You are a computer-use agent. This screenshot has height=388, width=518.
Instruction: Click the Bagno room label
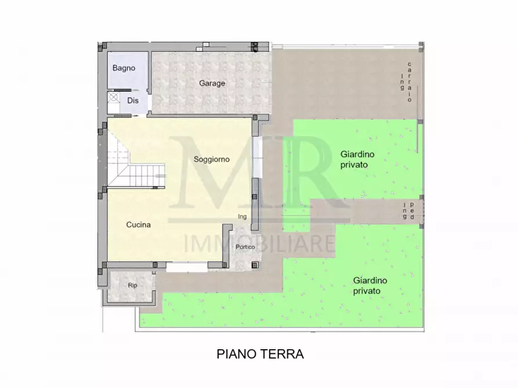[x=124, y=68]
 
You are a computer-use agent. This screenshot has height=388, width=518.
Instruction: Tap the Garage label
[x=212, y=83]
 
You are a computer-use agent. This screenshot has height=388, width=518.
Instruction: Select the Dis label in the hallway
[x=133, y=100]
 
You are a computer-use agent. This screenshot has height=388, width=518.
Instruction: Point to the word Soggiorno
[x=212, y=159]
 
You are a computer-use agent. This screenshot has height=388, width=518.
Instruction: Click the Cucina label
[x=138, y=225]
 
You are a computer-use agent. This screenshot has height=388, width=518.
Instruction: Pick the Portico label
[x=245, y=247]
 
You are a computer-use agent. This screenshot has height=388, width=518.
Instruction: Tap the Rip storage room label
[x=132, y=285]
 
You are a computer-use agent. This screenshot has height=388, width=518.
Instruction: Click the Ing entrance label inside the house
[x=242, y=217]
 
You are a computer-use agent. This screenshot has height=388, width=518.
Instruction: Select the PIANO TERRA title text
[x=260, y=354]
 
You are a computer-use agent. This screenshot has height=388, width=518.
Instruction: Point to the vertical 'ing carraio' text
[x=405, y=82]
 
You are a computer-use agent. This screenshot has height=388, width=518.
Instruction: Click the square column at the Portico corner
[x=255, y=266]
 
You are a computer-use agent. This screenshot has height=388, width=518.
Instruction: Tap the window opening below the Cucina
[x=187, y=268]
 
